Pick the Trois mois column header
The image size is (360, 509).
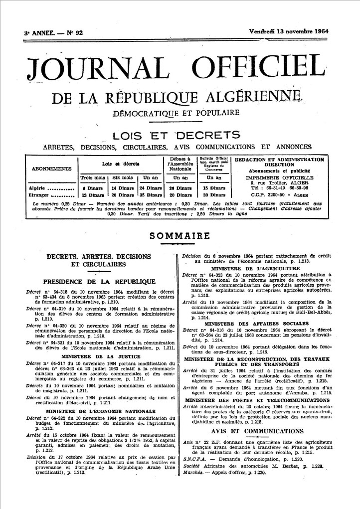[93, 178]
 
